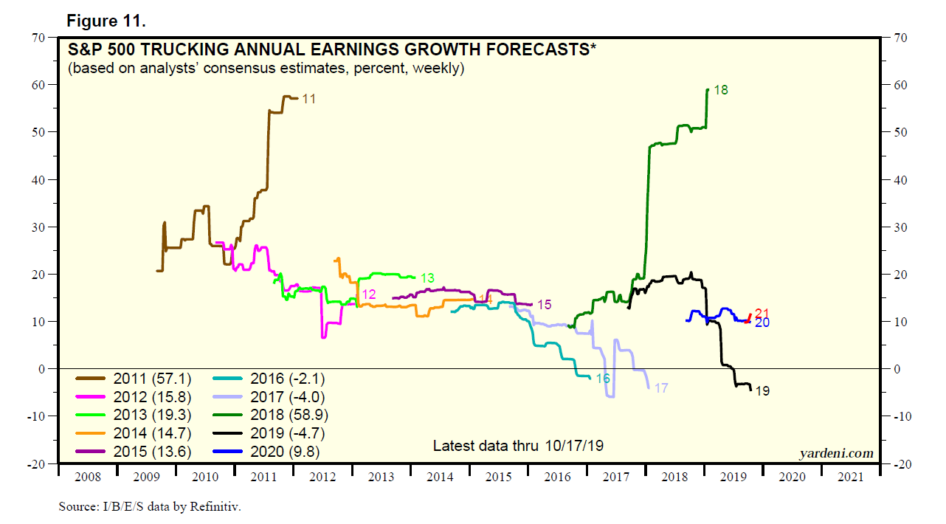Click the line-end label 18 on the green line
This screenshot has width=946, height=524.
pos(721,90)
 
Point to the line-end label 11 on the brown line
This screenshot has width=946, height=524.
pos(309,98)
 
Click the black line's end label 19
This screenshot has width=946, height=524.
pos(762,391)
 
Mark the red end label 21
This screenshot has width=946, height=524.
pos(762,313)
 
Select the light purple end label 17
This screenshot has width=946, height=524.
pos(661,388)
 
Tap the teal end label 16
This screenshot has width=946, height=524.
pos(603,378)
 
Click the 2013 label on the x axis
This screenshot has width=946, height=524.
pos(381,478)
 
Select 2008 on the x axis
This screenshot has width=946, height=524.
pos(87,478)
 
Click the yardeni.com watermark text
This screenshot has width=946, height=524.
pos(835,453)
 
